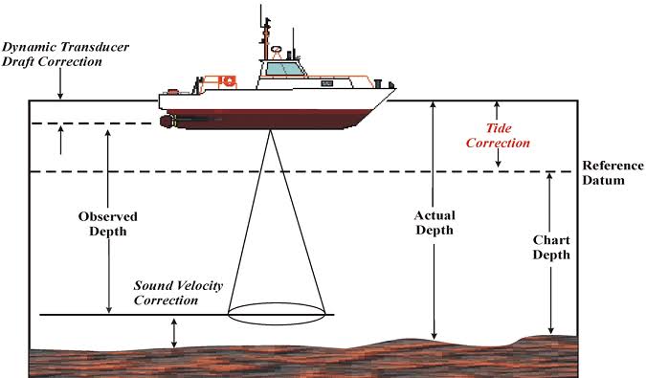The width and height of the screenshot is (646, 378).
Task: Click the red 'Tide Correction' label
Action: click(x=506, y=135)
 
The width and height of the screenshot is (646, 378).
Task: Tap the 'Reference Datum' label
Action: click(x=612, y=172)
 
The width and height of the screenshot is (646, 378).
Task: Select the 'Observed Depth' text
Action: click(x=108, y=223)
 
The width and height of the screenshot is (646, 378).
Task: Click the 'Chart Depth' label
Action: click(x=551, y=247)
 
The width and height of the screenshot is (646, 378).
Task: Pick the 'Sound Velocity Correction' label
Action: click(x=167, y=292)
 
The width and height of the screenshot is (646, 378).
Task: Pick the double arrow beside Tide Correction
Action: click(x=498, y=135)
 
